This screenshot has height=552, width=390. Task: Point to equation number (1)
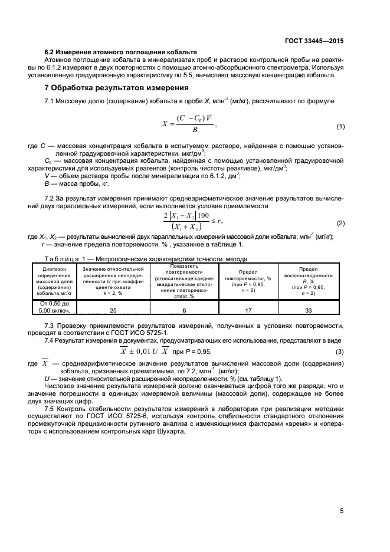click(x=340, y=127)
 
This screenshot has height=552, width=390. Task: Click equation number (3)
click(x=340, y=353)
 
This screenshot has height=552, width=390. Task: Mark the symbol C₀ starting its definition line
click(x=49, y=160)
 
